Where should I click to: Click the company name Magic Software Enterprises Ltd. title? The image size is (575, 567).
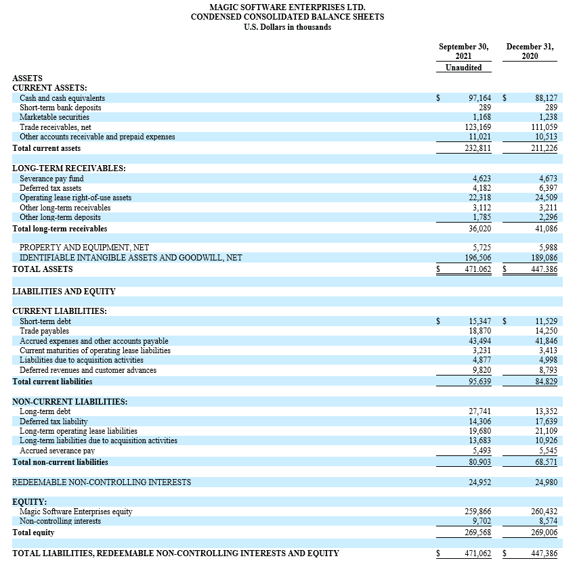click(287, 7)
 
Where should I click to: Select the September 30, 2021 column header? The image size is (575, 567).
click(464, 51)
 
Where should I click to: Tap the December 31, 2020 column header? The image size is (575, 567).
click(530, 51)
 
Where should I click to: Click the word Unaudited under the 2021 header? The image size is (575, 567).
click(464, 68)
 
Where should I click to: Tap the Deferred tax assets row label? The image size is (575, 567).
click(51, 188)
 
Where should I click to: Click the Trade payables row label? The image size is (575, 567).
click(44, 331)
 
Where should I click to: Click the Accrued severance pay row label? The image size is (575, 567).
click(57, 451)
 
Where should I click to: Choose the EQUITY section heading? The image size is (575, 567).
click(29, 502)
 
